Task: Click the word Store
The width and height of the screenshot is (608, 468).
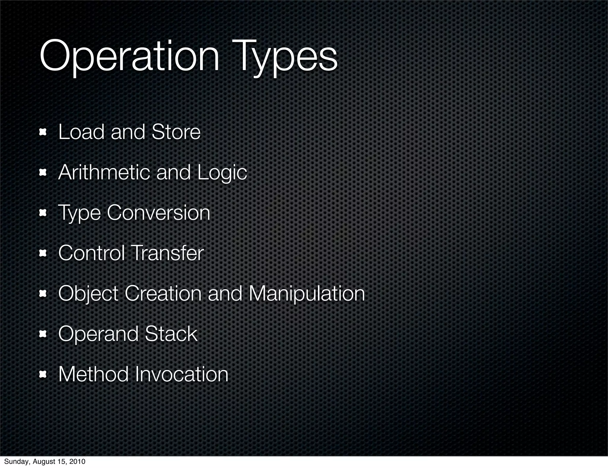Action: coord(176,132)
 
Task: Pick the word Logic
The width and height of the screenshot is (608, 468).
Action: coord(222,173)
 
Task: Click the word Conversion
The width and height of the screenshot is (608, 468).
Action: coord(159,213)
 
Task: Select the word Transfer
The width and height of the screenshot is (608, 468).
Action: coord(167,253)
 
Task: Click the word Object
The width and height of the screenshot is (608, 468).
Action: coord(88,293)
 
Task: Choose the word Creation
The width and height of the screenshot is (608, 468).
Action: coord(163,293)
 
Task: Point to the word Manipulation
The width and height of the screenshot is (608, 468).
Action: coord(306,294)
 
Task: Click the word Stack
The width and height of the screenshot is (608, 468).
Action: coord(171,334)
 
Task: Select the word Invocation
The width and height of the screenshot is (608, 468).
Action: coord(182,374)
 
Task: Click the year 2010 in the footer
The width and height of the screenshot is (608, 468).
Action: coord(77,461)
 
